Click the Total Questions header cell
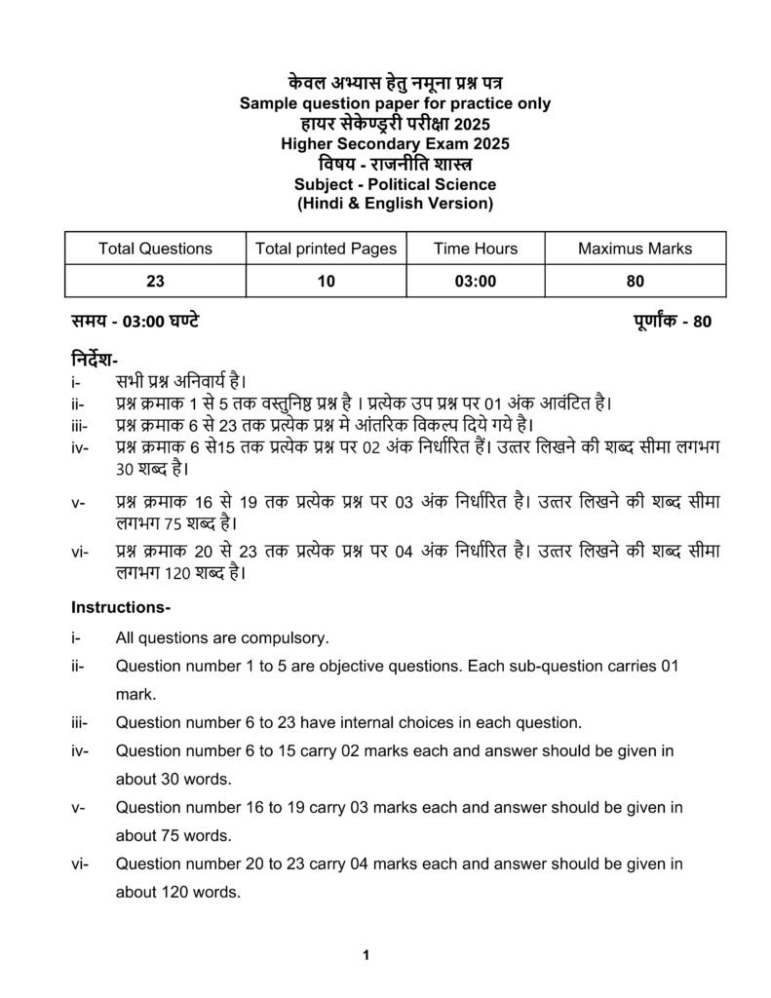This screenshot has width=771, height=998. (x=155, y=249)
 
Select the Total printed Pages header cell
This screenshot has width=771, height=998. (x=326, y=249)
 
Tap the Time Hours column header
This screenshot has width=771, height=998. (x=476, y=249)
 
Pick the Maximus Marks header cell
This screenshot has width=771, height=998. (x=635, y=249)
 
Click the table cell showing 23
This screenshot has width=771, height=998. (x=155, y=282)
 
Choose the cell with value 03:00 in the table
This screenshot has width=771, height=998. (x=476, y=282)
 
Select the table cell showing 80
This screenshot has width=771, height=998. (x=635, y=282)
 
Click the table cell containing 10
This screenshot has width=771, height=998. (x=326, y=282)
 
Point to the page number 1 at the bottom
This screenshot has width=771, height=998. (x=366, y=955)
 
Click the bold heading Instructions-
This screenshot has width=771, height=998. (x=121, y=607)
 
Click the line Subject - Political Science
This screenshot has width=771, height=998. (x=395, y=184)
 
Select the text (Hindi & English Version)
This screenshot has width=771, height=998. (x=395, y=204)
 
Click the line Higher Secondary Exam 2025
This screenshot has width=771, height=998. (x=395, y=144)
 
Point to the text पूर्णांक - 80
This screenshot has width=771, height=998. (x=666, y=322)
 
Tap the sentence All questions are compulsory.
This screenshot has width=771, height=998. (x=222, y=639)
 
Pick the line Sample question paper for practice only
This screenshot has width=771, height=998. (x=395, y=103)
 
